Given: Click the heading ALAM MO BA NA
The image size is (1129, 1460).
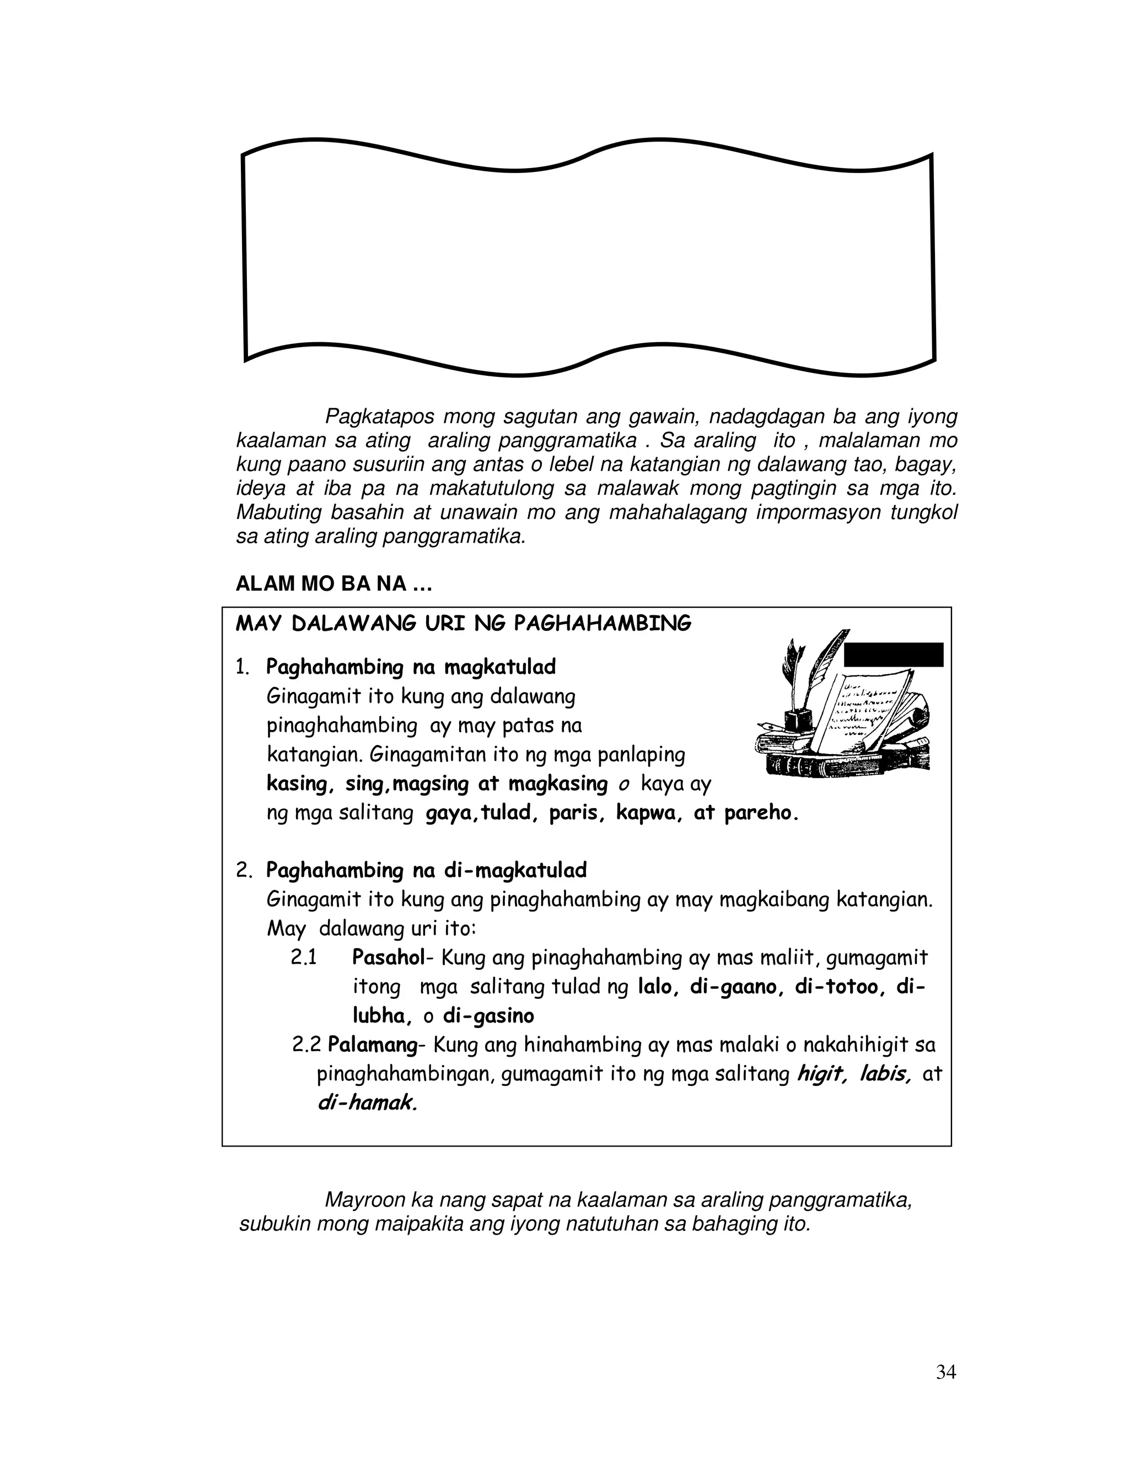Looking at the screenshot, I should click(x=333, y=584).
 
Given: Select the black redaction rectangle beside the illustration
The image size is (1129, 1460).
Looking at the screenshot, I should click(x=894, y=655).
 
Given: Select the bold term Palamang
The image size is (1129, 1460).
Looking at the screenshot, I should click(x=372, y=1045).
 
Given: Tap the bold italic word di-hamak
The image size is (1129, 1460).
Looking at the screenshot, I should click(x=367, y=1103).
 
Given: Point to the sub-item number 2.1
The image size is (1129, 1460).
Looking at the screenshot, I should click(x=304, y=958).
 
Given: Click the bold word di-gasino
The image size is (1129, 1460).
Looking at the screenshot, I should click(x=488, y=1016).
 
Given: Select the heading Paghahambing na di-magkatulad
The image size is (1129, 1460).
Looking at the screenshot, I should click(x=426, y=870).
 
